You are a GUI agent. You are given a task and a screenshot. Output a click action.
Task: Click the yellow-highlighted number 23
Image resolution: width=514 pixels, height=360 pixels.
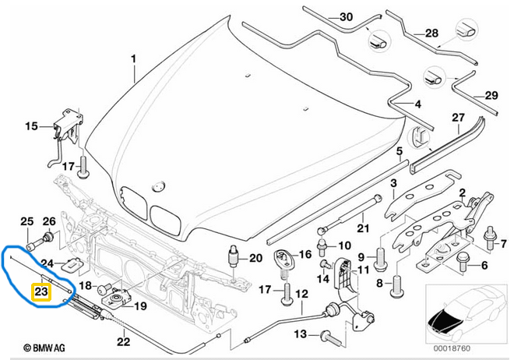[x=40, y=293]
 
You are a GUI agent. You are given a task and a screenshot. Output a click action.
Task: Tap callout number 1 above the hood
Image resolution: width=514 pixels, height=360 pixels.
[x=133, y=59]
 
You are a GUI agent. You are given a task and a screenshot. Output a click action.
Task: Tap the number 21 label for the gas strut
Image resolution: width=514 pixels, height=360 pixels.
[x=361, y=228]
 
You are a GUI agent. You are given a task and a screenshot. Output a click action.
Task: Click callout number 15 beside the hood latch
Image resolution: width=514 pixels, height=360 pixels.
[x=31, y=125]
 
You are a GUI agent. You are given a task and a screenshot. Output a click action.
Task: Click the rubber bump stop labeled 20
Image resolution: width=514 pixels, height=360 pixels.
[x=232, y=257]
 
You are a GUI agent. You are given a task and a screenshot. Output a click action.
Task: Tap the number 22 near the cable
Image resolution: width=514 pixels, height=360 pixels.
[x=122, y=341]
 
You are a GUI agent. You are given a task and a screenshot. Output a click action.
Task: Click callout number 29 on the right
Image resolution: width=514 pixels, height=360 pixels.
[x=491, y=95]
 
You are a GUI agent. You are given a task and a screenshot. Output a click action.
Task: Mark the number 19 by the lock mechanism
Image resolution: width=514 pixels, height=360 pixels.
[x=139, y=306]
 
